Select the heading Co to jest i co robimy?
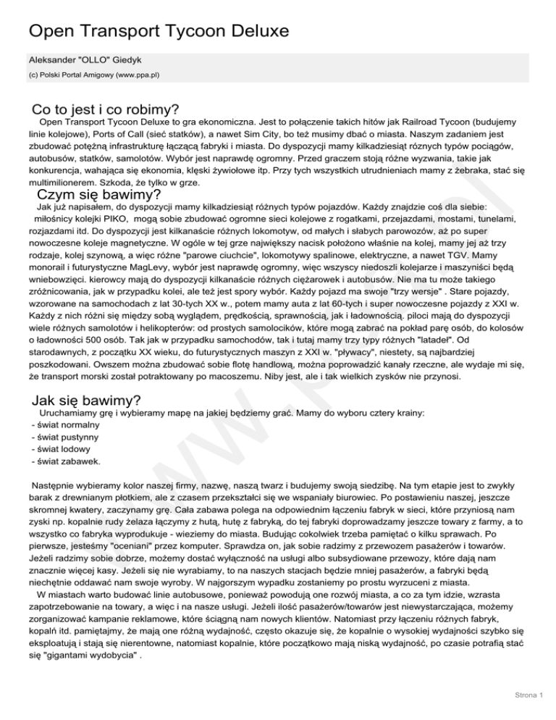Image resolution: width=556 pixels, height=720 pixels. [x=106, y=110]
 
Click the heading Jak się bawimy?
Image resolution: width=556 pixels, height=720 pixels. [x=87, y=401]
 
